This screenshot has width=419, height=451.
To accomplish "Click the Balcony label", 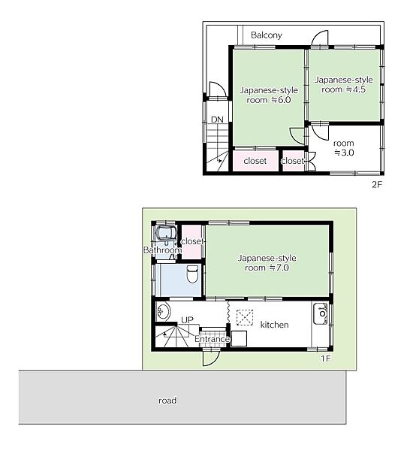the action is tap(266, 35).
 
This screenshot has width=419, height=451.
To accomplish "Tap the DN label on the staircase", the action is tap(217, 120).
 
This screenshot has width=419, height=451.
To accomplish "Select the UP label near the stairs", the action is tap(187, 320).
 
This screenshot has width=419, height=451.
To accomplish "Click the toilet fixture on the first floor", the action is tap(192, 274).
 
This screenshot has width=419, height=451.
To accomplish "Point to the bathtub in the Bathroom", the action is tap(166, 233).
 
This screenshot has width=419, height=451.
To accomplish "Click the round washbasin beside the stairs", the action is tap(164, 311).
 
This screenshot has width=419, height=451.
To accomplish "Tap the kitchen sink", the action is tap(321, 313).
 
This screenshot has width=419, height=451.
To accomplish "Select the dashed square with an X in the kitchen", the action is tap(245, 317).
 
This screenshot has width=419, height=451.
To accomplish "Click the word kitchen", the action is tap(274, 325).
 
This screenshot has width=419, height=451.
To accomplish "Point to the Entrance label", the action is tap(212, 339).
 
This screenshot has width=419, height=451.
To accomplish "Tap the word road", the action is tap(167, 401).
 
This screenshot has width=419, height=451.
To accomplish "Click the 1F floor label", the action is tap(326, 359).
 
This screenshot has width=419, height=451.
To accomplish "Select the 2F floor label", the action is tap(377, 184).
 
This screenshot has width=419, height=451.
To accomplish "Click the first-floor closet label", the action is tap(192, 241).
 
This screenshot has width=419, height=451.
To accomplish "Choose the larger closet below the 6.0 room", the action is tap(255, 161).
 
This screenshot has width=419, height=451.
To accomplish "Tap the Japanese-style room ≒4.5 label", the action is tap(343, 84).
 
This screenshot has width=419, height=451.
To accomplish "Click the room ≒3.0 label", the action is tap(344, 148).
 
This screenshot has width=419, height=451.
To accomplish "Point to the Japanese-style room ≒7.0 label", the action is tap(267, 262).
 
